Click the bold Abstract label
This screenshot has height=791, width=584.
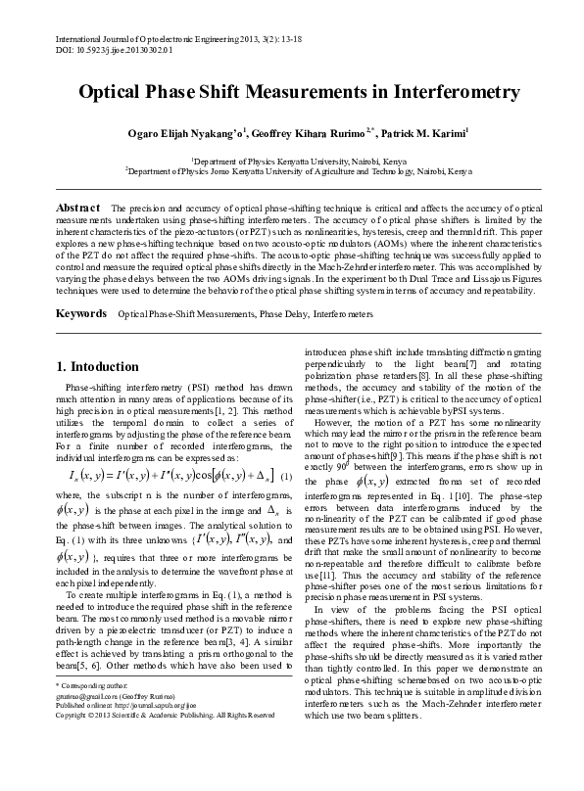(78, 209)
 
